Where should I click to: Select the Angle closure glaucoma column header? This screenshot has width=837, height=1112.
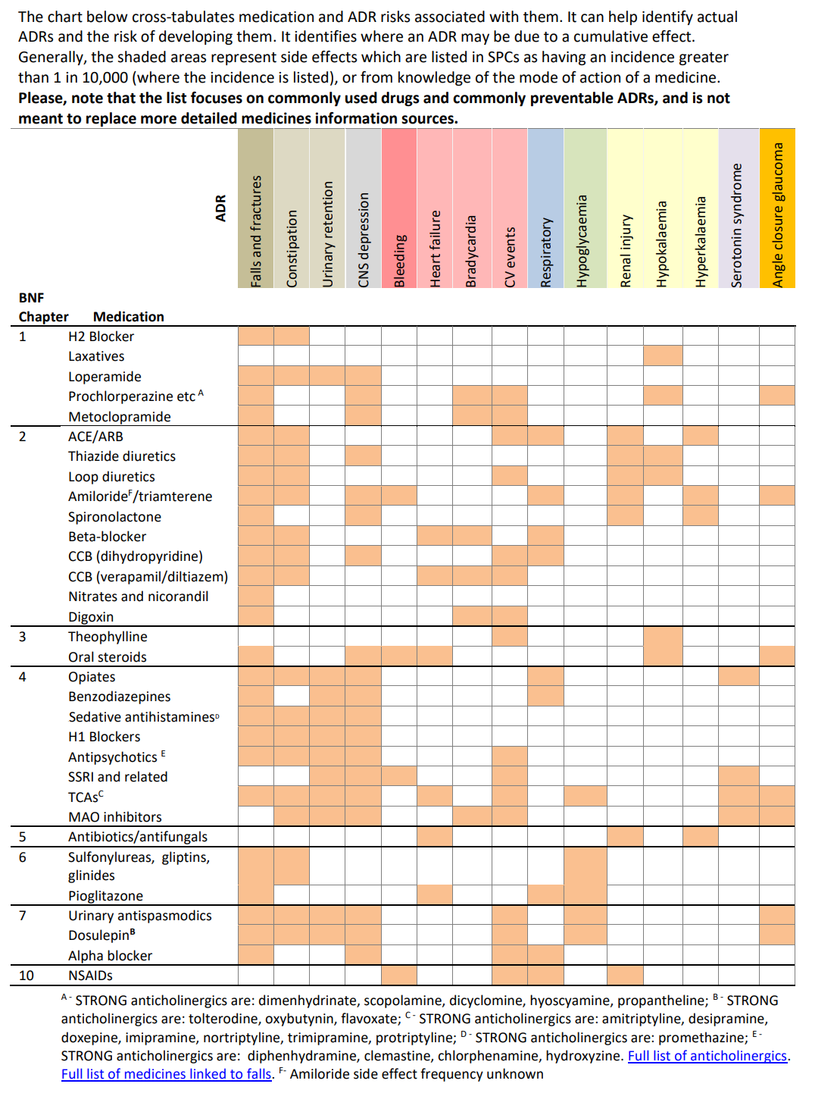pos(777,215)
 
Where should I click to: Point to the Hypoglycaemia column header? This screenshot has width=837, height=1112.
pos(582,241)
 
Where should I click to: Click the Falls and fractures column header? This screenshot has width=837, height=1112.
pos(256,231)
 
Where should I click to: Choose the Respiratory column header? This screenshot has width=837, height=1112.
pos(546,252)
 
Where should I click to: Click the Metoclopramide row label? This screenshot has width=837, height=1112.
pos(120,417)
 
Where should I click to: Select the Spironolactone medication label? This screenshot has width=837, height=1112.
pos(114,517)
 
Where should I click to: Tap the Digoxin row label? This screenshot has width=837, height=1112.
pos(91,617)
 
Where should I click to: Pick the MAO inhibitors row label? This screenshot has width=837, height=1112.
pos(115,817)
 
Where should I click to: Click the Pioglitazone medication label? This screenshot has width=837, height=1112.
pos(105,896)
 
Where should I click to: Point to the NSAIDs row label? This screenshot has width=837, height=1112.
pos(90,976)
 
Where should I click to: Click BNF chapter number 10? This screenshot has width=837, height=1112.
pos(27,976)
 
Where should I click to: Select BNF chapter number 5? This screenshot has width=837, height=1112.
pos(23,837)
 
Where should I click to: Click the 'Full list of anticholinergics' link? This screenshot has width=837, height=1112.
pos(707,1056)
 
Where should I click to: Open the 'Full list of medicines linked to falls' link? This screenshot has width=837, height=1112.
pos(167,1074)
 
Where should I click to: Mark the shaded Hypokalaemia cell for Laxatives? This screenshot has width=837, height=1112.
pos(663,356)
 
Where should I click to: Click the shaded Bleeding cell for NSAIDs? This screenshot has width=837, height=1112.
pos(399,975)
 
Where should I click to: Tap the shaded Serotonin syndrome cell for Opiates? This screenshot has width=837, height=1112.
pos(739,676)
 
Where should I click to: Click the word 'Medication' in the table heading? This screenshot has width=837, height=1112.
pos(128,317)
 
